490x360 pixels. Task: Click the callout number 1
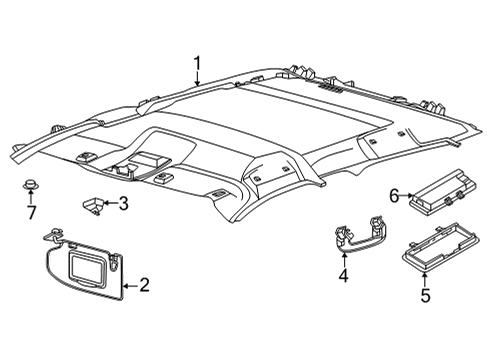point(198,66)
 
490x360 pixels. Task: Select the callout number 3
point(123,204)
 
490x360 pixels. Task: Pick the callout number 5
point(424,296)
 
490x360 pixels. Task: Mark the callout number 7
point(31,212)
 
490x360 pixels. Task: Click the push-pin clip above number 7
point(31,188)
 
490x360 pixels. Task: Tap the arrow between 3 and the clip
point(110,204)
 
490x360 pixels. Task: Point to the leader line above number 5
point(424,280)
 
